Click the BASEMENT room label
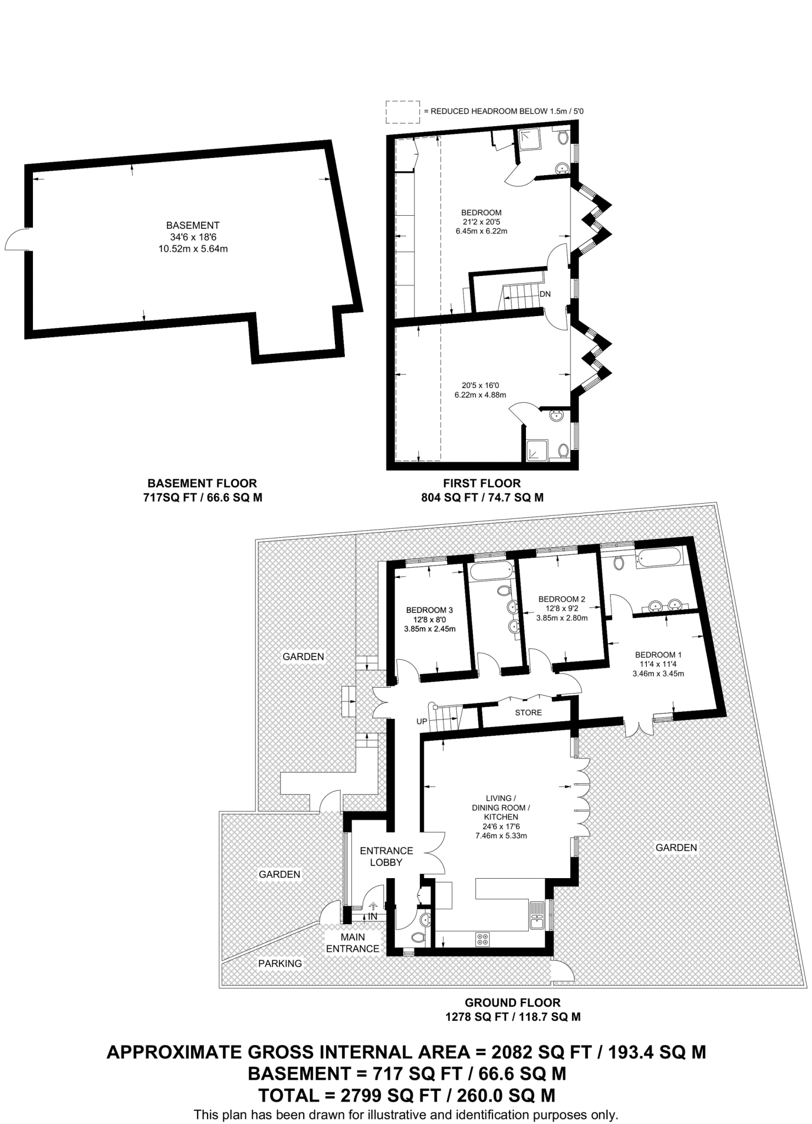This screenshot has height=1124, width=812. click(x=193, y=225)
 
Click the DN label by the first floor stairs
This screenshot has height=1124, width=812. click(x=545, y=294)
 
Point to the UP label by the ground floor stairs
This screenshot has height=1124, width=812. click(x=422, y=721)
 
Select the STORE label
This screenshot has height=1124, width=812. click(x=528, y=712)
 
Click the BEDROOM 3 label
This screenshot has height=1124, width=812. click(x=429, y=610)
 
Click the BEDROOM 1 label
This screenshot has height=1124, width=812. click(x=658, y=654)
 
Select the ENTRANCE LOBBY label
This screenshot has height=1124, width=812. click(x=387, y=856)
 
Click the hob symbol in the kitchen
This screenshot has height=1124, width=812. click(x=483, y=939)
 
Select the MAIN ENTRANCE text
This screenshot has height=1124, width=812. click(x=353, y=943)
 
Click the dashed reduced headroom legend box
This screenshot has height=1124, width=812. click(x=402, y=111)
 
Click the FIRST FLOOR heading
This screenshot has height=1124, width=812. click(x=481, y=484)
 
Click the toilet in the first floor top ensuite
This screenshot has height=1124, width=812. click(x=563, y=138)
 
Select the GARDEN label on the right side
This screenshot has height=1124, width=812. click(x=676, y=847)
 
